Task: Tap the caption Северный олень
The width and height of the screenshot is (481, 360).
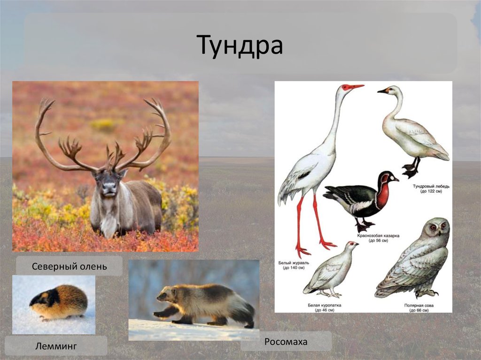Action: (70, 267)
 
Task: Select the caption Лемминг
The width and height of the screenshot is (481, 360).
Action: (55, 346)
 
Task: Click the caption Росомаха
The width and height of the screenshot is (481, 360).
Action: (286, 342)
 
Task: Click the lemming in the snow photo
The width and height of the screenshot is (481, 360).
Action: (58, 302)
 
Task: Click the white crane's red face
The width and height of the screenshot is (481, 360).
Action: (348, 87)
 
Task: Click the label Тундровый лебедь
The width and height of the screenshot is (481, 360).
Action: (431, 186)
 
